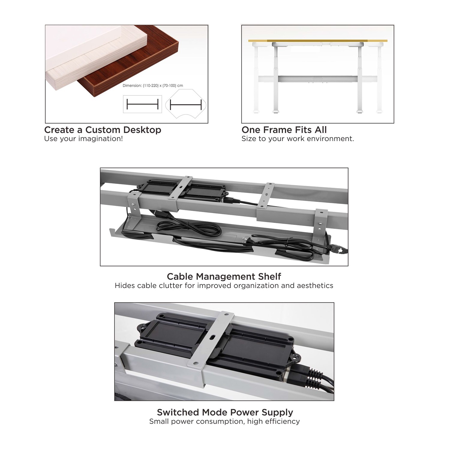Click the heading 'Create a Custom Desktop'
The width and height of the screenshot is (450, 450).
[103, 130]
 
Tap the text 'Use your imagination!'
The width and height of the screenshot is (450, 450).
[83, 139]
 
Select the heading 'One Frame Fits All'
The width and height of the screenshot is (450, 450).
[284, 130]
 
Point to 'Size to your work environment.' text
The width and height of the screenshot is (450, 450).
[298, 139]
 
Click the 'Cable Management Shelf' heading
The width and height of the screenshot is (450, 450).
[224, 276]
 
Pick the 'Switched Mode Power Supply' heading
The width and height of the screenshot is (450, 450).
[225, 412]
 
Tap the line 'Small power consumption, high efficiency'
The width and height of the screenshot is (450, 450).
[225, 421]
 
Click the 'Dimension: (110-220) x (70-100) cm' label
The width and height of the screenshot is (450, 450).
[153, 85]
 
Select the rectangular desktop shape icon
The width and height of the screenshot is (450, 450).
[142, 104]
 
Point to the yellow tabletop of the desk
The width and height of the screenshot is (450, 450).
[318, 40]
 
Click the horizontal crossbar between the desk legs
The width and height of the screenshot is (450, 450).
[318, 79]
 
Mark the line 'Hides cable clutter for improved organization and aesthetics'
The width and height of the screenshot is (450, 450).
[224, 286]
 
